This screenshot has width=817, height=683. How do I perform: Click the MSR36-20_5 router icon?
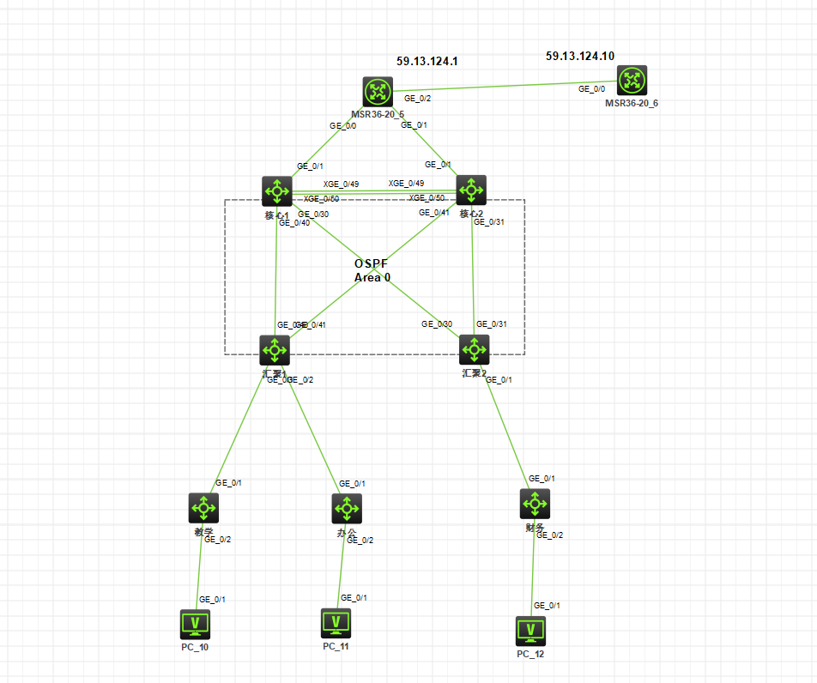click(x=377, y=93)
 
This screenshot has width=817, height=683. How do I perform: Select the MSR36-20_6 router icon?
click(x=632, y=81)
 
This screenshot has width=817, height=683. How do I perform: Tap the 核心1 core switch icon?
click(x=277, y=190)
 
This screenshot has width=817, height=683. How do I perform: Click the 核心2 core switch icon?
click(x=471, y=190)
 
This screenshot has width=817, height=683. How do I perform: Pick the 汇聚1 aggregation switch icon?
click(x=275, y=349)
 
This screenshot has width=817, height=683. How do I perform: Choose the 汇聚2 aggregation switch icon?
click(x=474, y=349)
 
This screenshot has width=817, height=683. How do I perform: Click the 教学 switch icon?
click(x=203, y=508)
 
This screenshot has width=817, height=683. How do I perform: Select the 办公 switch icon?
click(x=347, y=508)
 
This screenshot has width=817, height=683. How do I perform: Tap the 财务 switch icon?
click(x=534, y=504)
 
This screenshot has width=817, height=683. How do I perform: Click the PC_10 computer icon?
click(x=196, y=624)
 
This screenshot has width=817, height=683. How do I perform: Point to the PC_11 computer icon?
click(x=336, y=622)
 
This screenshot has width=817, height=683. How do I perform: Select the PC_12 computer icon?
click(x=531, y=631)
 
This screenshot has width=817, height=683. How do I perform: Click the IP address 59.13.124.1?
click(x=427, y=62)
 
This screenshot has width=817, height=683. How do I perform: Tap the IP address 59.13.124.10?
click(x=580, y=56)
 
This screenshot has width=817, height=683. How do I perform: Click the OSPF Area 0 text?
click(x=372, y=270)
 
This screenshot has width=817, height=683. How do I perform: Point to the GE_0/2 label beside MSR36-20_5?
click(x=417, y=99)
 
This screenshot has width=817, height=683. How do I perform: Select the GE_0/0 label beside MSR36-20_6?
click(x=591, y=89)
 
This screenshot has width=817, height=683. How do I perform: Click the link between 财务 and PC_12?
click(x=533, y=566)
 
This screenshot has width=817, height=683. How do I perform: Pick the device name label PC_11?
click(x=336, y=646)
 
